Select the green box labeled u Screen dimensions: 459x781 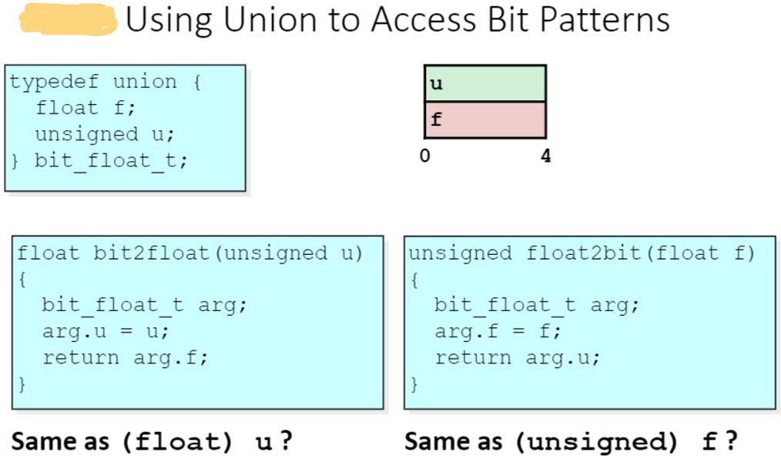point(484,83)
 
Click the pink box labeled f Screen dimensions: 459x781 point(484,119)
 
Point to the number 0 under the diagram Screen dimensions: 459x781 point(424,156)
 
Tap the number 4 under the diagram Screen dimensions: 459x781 point(546,156)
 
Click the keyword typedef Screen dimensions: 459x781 point(55,82)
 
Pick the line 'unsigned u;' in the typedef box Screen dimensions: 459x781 point(105,134)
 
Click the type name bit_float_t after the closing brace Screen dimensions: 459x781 point(111,160)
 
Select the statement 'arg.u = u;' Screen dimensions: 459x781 point(106,331)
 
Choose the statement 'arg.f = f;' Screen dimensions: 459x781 point(498,331)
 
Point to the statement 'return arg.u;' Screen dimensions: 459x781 point(518,357)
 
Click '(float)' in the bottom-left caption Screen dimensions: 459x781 point(177,442)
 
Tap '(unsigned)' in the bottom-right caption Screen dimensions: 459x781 point(596,442)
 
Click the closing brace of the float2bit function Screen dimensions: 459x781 point(415,383)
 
